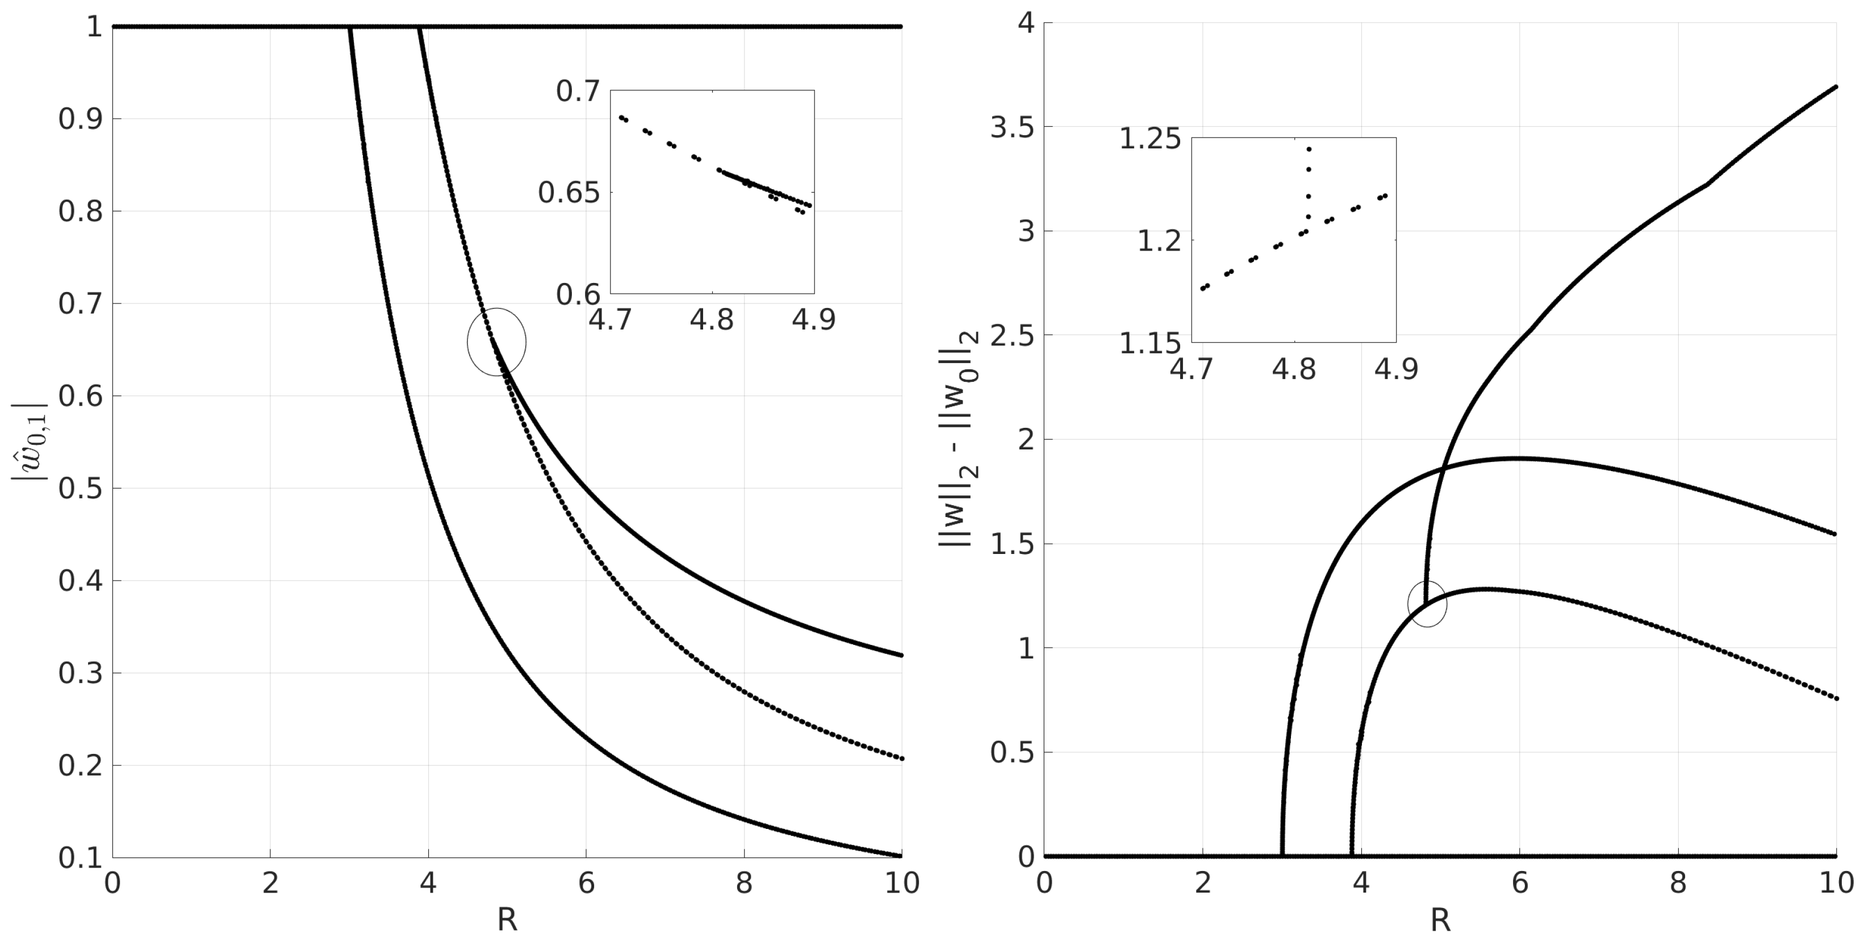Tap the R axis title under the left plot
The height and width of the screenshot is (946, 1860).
507,919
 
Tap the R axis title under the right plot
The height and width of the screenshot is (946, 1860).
1440,919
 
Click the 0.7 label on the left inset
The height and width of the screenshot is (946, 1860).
578,91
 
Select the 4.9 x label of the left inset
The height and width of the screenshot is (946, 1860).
814,319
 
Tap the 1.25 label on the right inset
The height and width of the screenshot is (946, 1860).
1150,139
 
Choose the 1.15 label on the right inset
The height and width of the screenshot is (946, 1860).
1150,343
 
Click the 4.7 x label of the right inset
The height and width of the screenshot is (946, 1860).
1192,369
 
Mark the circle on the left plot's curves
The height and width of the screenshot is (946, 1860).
497,341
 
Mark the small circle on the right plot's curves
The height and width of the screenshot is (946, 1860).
1427,604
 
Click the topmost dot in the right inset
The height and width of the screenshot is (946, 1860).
1309,149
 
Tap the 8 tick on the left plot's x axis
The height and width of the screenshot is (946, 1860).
745,883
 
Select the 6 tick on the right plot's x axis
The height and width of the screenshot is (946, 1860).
1519,882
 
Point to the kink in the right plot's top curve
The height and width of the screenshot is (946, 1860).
1708,184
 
